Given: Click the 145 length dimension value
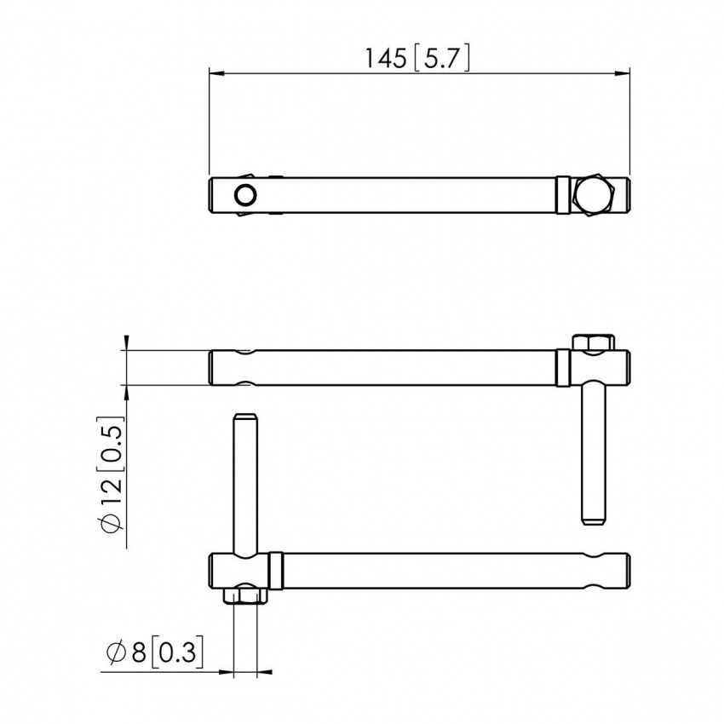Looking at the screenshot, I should click(x=386, y=58).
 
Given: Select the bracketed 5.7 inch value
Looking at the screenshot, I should click(x=440, y=58).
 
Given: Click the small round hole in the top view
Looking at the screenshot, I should click(x=245, y=195).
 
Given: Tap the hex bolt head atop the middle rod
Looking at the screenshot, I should click(x=594, y=342).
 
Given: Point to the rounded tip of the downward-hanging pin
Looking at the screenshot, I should click(x=594, y=517).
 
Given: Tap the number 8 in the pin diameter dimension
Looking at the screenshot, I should click(x=138, y=654).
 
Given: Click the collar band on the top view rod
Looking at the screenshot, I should click(x=563, y=195).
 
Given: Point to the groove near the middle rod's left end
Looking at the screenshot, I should click(x=245, y=367).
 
